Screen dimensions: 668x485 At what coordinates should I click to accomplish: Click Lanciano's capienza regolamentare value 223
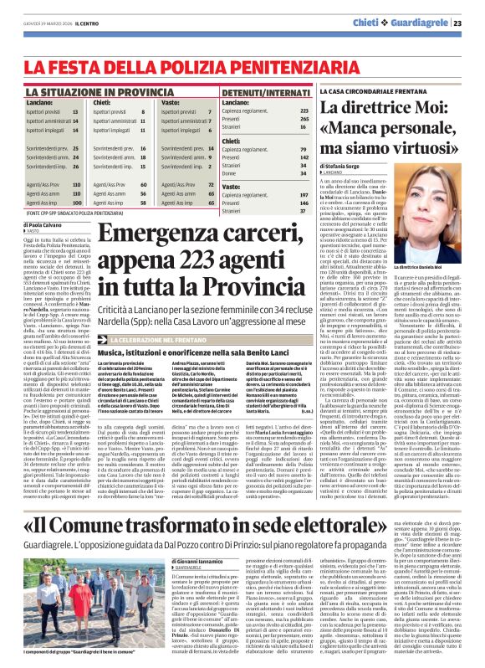[304, 110]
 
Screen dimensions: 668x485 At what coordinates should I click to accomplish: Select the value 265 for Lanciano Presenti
[304, 118]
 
